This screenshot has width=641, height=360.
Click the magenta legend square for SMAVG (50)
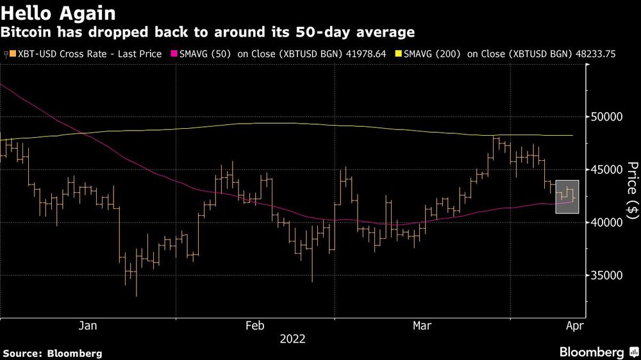[x=174, y=54]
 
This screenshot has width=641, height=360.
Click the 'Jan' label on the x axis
[x=88, y=326]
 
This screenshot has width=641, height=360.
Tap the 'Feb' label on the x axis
[x=255, y=326]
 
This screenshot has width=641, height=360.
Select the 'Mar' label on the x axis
[x=421, y=326]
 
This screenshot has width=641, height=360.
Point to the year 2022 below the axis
[x=292, y=339]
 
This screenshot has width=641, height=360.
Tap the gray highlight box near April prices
[x=567, y=197]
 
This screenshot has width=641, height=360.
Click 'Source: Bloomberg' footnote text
[x=53, y=353]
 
